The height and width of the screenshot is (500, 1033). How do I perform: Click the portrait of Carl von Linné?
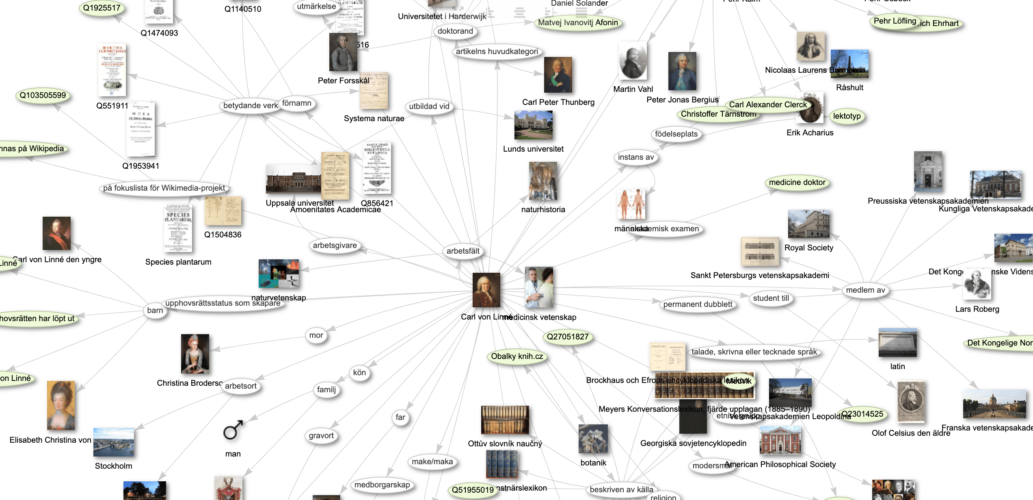(x=486, y=290)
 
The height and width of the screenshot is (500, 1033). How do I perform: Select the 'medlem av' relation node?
(x=865, y=290)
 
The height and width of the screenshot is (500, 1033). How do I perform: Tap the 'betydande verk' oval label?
(x=250, y=106)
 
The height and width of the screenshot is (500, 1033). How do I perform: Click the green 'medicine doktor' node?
(x=797, y=183)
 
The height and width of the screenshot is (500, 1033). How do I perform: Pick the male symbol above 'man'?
(x=233, y=430)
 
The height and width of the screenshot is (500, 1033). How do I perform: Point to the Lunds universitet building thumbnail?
(x=533, y=125)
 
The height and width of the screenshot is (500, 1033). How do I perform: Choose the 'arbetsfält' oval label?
(x=463, y=251)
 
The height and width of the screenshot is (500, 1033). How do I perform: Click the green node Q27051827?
(x=567, y=337)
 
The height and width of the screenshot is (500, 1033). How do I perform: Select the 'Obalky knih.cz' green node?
(x=516, y=357)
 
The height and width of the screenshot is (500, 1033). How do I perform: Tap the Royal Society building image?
(x=808, y=224)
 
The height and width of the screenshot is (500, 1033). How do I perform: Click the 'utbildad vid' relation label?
(x=429, y=107)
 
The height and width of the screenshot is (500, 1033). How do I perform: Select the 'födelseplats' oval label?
(x=676, y=134)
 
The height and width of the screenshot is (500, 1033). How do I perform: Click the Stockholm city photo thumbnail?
(x=113, y=442)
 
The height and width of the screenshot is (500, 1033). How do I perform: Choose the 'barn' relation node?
(x=155, y=311)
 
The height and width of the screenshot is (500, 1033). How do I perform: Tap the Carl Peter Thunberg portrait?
(x=558, y=75)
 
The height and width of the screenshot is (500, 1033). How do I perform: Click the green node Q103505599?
(x=43, y=96)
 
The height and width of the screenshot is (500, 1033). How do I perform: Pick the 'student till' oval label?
(x=771, y=298)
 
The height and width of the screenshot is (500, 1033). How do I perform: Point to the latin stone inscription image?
(x=897, y=342)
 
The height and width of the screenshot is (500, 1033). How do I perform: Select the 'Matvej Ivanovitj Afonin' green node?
(x=577, y=23)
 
